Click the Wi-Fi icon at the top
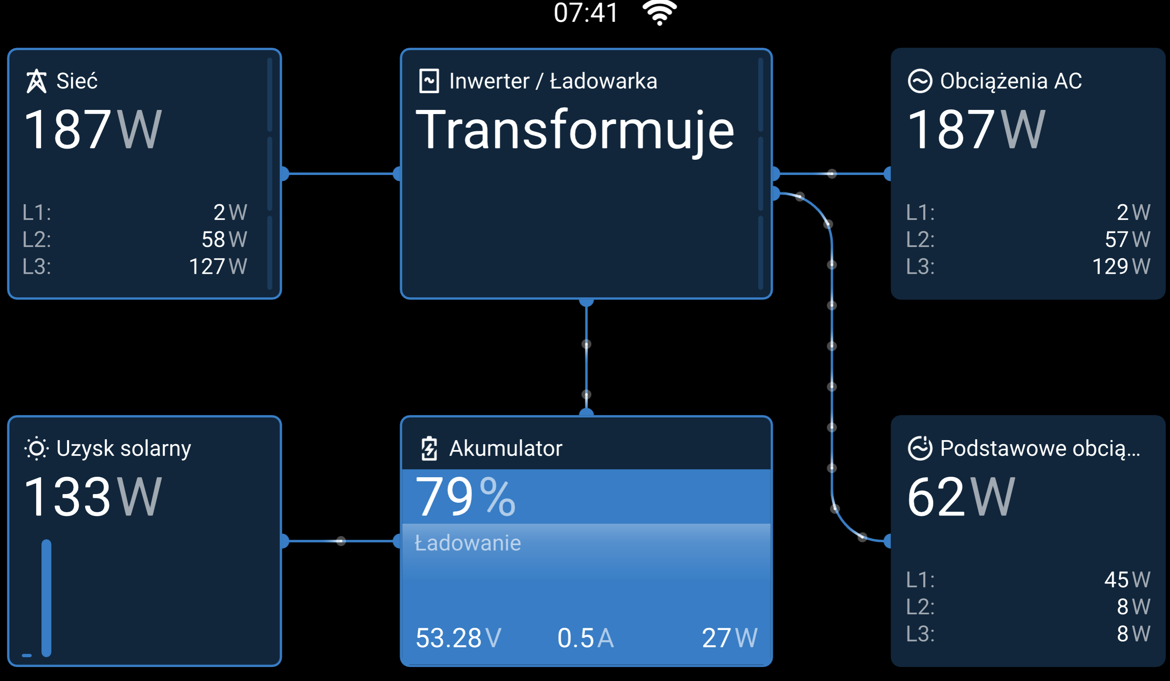(660, 12)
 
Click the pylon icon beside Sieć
(36, 81)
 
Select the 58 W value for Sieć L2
(224, 240)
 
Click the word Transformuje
(575, 131)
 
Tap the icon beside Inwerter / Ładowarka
(429, 81)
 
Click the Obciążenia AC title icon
(920, 81)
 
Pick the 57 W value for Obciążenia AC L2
(1127, 240)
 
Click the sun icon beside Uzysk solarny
(36, 449)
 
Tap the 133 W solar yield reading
(93, 497)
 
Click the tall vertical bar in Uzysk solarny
(46, 598)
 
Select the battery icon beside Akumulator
(429, 449)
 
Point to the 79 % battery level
(465, 497)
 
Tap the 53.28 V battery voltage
(459, 638)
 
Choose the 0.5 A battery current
(585, 638)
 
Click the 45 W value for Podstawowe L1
(1127, 580)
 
